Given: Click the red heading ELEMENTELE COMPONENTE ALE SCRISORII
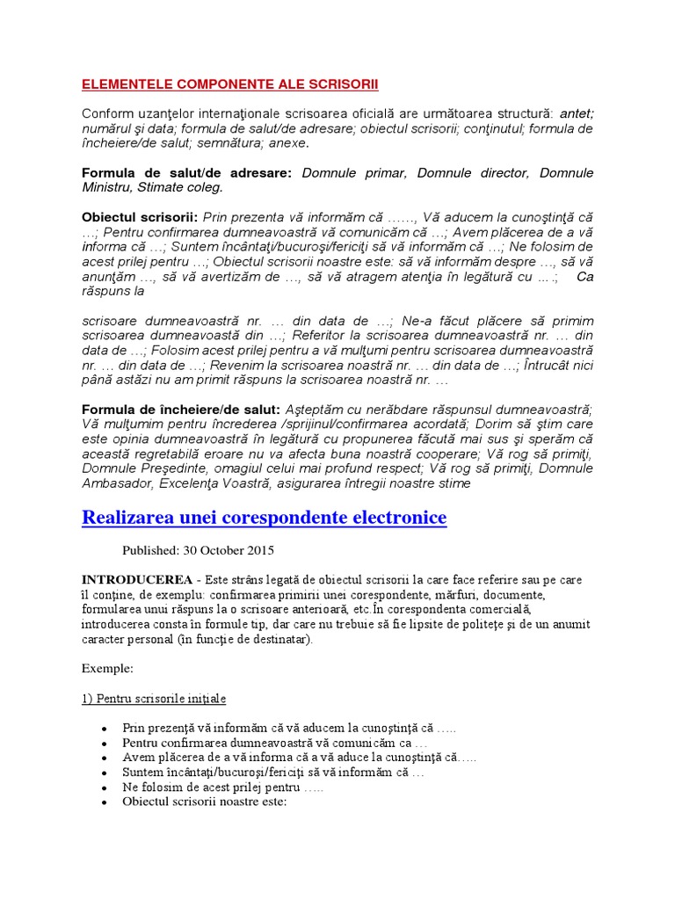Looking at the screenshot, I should coord(229,84).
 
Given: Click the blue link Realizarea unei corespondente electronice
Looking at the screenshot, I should coord(264,518).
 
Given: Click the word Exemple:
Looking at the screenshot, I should coord(107,668).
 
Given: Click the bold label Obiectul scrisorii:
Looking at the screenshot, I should coord(139,216).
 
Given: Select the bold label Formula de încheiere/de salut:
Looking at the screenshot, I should coord(181,410).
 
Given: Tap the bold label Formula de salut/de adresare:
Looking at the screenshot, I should coord(186,172).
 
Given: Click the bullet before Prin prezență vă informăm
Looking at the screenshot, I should coord(105,729).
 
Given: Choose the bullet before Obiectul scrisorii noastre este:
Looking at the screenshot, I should coord(105,802).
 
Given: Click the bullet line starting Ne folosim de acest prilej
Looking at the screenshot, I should coord(223,787).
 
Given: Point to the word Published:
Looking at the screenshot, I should coord(151,551).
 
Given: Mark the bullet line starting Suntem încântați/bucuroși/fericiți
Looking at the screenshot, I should coord(273,773).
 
